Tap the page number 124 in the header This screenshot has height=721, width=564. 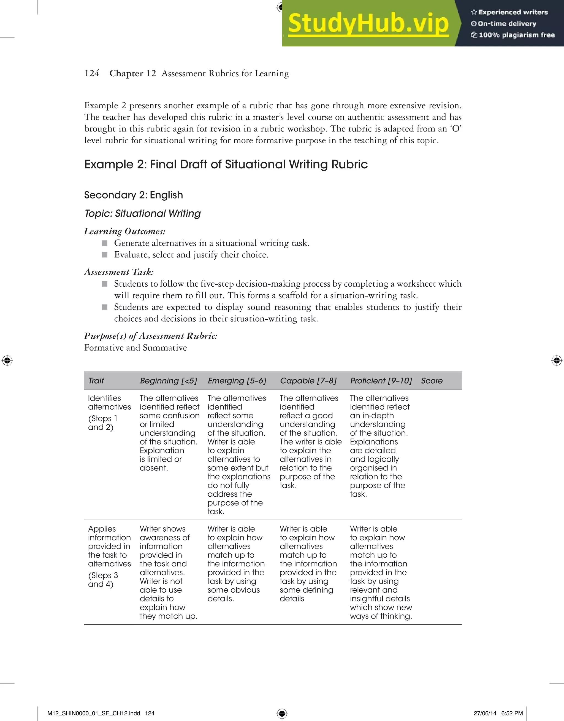click(x=92, y=73)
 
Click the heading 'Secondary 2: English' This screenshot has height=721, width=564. click(x=133, y=195)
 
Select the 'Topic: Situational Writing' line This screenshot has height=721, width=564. click(x=142, y=213)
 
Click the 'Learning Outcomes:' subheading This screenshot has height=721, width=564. click(x=125, y=231)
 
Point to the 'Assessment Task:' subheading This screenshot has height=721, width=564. click(x=119, y=272)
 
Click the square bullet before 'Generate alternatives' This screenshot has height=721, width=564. click(x=105, y=243)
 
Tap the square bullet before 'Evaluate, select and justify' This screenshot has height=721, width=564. click(x=105, y=255)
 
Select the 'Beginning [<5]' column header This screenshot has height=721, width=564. click(x=169, y=381)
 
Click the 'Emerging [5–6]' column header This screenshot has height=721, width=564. click(x=237, y=381)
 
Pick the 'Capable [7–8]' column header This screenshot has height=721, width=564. click(x=308, y=381)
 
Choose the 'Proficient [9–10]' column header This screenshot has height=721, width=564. click(x=381, y=381)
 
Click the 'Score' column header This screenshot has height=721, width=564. click(x=432, y=381)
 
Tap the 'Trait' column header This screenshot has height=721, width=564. click(x=96, y=381)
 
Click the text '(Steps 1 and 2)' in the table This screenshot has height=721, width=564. click(x=102, y=423)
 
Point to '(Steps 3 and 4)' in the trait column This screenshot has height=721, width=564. click(x=103, y=580)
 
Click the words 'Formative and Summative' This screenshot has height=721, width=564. click(x=135, y=348)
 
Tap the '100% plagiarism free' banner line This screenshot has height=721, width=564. click(x=516, y=35)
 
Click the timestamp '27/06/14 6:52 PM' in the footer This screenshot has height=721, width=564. click(x=498, y=713)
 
